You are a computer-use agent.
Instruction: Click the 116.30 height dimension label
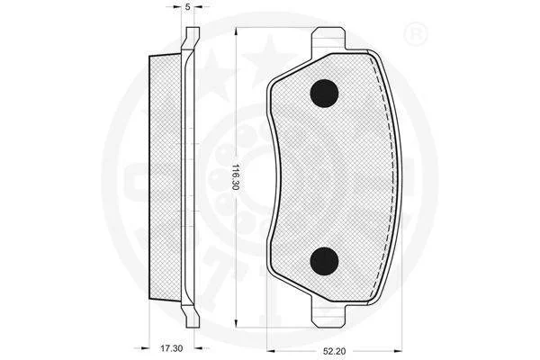pyautogui.click(x=235, y=176)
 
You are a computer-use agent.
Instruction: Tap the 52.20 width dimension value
pyautogui.click(x=334, y=351)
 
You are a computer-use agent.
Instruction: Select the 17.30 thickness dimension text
pyautogui.click(x=171, y=348)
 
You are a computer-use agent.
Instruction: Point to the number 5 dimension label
pyautogui.click(x=188, y=6)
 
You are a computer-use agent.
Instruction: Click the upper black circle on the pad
pyautogui.click(x=324, y=94)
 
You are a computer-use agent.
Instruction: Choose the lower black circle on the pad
pyautogui.click(x=324, y=262)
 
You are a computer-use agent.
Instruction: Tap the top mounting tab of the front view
pyautogui.click(x=328, y=40)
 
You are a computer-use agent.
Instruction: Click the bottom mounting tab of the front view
pyautogui.click(x=328, y=314)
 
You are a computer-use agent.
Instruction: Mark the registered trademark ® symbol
pyautogui.click(x=415, y=34)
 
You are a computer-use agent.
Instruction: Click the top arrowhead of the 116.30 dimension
pyautogui.click(x=236, y=31)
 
